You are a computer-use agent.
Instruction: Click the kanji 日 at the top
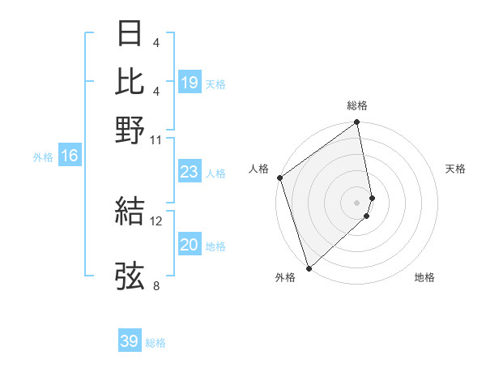(x=130, y=34)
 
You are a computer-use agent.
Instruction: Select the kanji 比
(x=130, y=82)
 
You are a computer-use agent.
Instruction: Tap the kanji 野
(x=130, y=130)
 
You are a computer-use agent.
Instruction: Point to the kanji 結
(x=130, y=211)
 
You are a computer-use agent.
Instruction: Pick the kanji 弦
(x=130, y=276)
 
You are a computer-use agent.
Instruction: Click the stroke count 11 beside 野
(x=156, y=139)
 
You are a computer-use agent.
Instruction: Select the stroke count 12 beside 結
(x=156, y=220)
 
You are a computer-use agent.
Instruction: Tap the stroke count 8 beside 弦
(x=156, y=285)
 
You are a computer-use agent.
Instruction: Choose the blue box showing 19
(x=189, y=83)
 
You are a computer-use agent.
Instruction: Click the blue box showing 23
(x=189, y=172)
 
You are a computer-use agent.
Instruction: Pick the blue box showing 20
(x=189, y=245)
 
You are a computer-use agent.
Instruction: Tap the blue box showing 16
(x=69, y=156)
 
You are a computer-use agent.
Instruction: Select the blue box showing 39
(x=130, y=341)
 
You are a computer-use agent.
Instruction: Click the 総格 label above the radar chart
(x=357, y=105)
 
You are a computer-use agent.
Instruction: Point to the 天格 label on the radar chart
(x=455, y=169)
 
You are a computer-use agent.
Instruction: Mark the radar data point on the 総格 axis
(x=357, y=124)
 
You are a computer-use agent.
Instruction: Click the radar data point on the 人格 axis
(x=279, y=178)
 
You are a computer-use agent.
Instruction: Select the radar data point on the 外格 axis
(x=309, y=268)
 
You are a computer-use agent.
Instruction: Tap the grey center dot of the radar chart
(x=357, y=202)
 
